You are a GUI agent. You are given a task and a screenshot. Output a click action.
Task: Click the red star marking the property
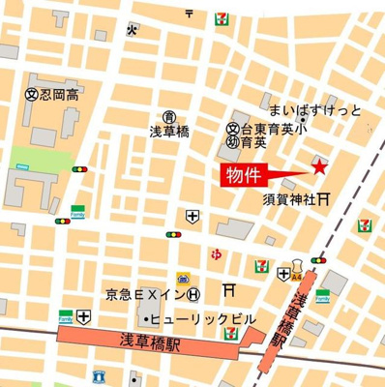click(318, 167)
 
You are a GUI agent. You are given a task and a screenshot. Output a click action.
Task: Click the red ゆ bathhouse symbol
click(216, 254)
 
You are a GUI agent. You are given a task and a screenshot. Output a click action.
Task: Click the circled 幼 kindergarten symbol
click(232, 142)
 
